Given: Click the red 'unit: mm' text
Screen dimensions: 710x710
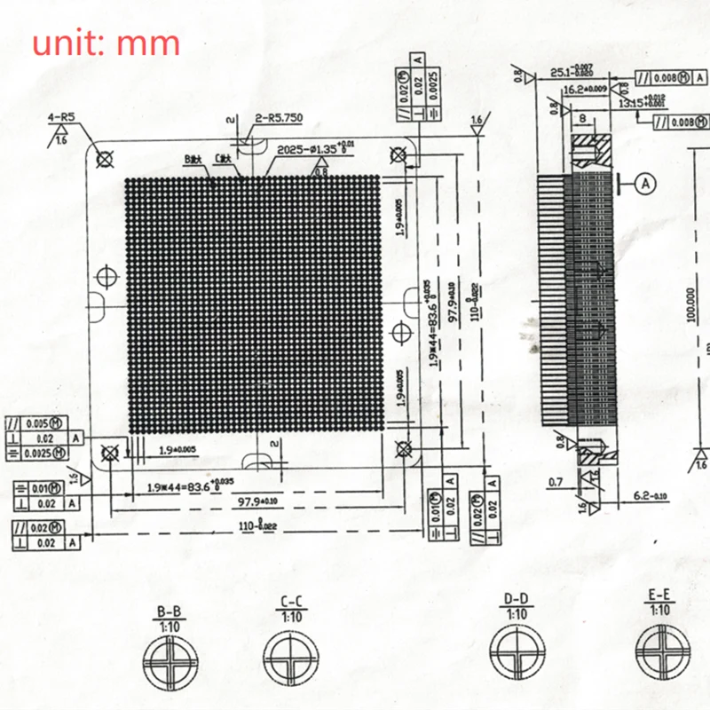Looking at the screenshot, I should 106,43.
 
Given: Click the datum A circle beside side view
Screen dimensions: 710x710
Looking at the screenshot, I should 645,183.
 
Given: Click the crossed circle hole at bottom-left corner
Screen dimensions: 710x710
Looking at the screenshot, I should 111,454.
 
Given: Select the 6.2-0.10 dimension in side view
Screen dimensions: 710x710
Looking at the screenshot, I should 651,495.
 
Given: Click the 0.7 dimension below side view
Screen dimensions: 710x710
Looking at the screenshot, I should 556,482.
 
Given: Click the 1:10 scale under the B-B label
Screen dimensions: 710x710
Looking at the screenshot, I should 170,624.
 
